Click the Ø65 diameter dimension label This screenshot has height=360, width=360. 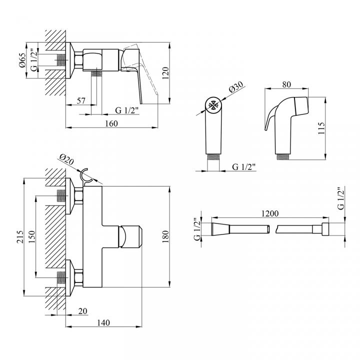(x=22, y=60)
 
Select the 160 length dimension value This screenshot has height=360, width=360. (x=111, y=123)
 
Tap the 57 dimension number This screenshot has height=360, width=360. (x=81, y=100)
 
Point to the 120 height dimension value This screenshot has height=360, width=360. (x=165, y=73)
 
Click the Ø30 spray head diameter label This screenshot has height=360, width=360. (x=236, y=87)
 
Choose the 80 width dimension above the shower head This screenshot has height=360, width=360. (x=286, y=84)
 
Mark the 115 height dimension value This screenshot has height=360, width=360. (x=321, y=128)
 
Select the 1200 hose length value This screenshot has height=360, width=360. (x=270, y=213)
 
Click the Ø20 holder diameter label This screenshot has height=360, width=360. (x=66, y=159)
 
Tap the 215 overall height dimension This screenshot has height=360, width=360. (x=20, y=236)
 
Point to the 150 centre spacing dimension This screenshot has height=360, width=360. (x=31, y=236)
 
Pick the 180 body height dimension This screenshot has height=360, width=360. (x=165, y=236)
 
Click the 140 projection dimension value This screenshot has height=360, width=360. (x=103, y=323)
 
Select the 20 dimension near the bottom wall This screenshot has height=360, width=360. (x=82, y=311)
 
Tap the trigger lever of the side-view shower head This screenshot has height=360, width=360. (x=271, y=117)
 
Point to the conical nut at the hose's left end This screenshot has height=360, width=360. (x=220, y=229)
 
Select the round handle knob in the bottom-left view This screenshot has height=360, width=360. (x=130, y=237)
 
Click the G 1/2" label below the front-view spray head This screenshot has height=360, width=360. (x=243, y=167)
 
